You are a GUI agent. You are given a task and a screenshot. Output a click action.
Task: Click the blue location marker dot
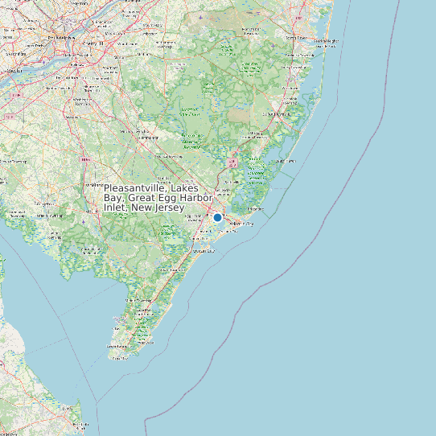217,217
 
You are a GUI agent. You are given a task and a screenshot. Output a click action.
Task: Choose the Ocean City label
208,251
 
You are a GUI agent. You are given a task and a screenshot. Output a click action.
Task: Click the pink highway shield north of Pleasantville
232,163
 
